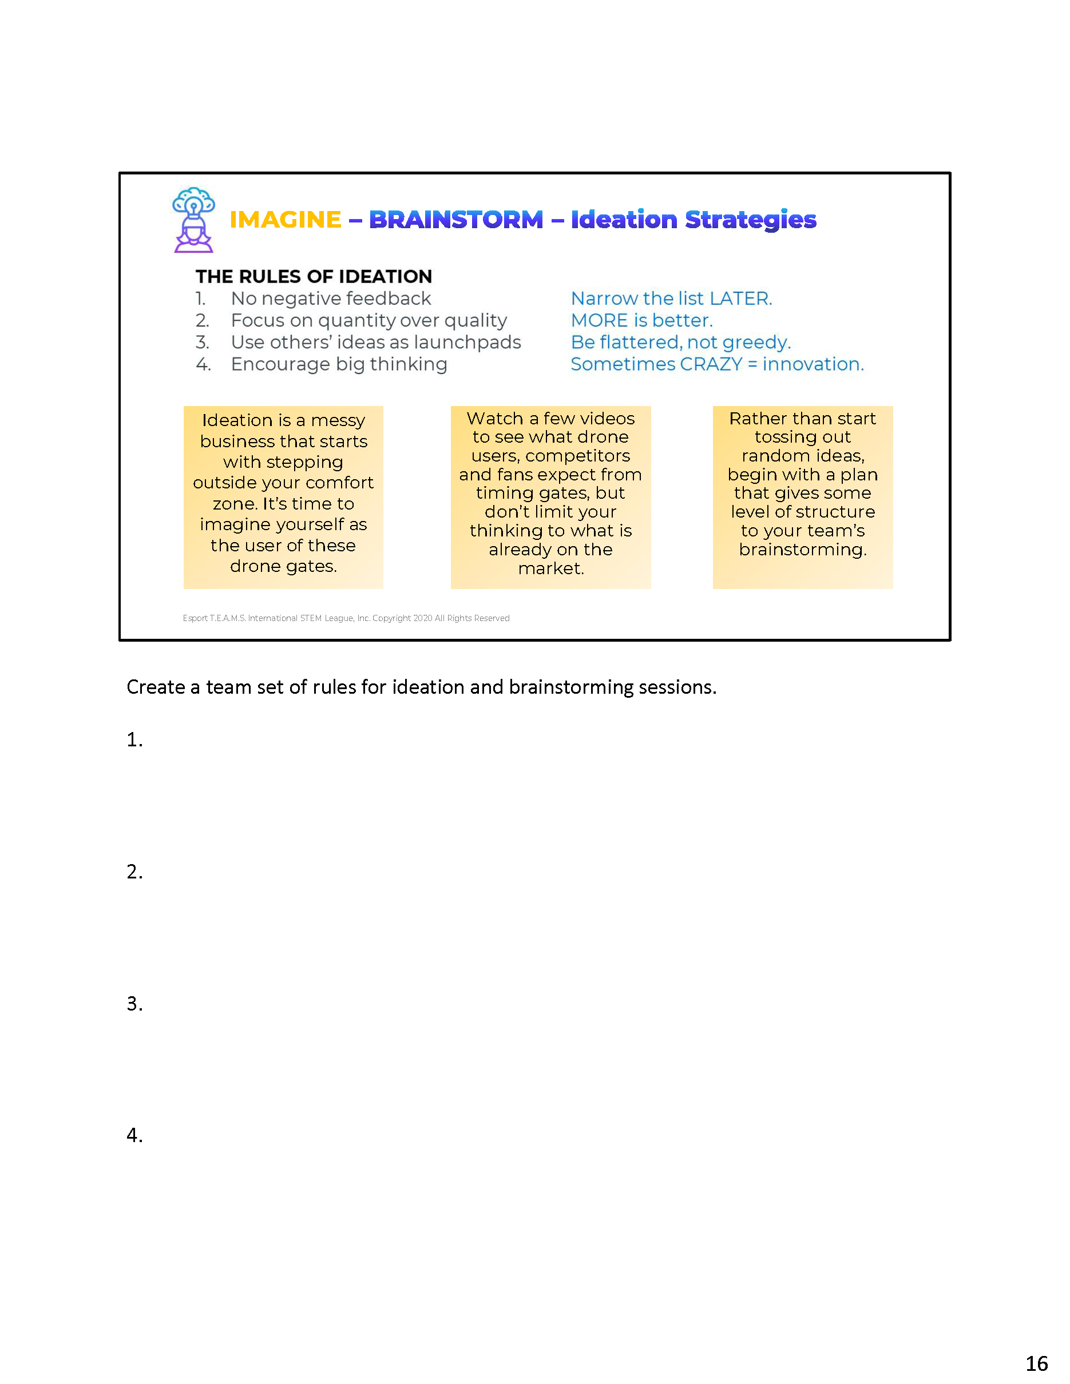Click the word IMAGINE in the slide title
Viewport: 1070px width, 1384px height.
click(286, 220)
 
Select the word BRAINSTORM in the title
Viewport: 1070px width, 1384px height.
click(456, 220)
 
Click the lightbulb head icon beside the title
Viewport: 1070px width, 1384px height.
click(193, 219)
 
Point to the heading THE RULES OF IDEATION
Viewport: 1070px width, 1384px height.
click(314, 276)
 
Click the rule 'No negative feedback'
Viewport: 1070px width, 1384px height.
click(330, 299)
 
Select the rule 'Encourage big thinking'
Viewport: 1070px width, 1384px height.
click(339, 364)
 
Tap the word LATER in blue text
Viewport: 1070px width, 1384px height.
click(739, 299)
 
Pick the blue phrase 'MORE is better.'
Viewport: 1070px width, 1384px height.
click(641, 321)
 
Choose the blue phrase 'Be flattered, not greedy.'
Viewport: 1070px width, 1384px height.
click(680, 342)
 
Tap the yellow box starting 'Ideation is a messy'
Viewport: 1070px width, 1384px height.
click(283, 497)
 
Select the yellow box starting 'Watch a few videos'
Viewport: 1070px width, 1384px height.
click(550, 497)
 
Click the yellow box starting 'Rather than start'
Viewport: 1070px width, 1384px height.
click(802, 497)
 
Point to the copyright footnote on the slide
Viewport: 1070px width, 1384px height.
click(346, 618)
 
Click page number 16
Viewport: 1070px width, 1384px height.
click(1036, 1363)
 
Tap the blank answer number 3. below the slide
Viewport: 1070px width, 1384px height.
click(134, 1003)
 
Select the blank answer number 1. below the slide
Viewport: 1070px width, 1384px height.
click(134, 739)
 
